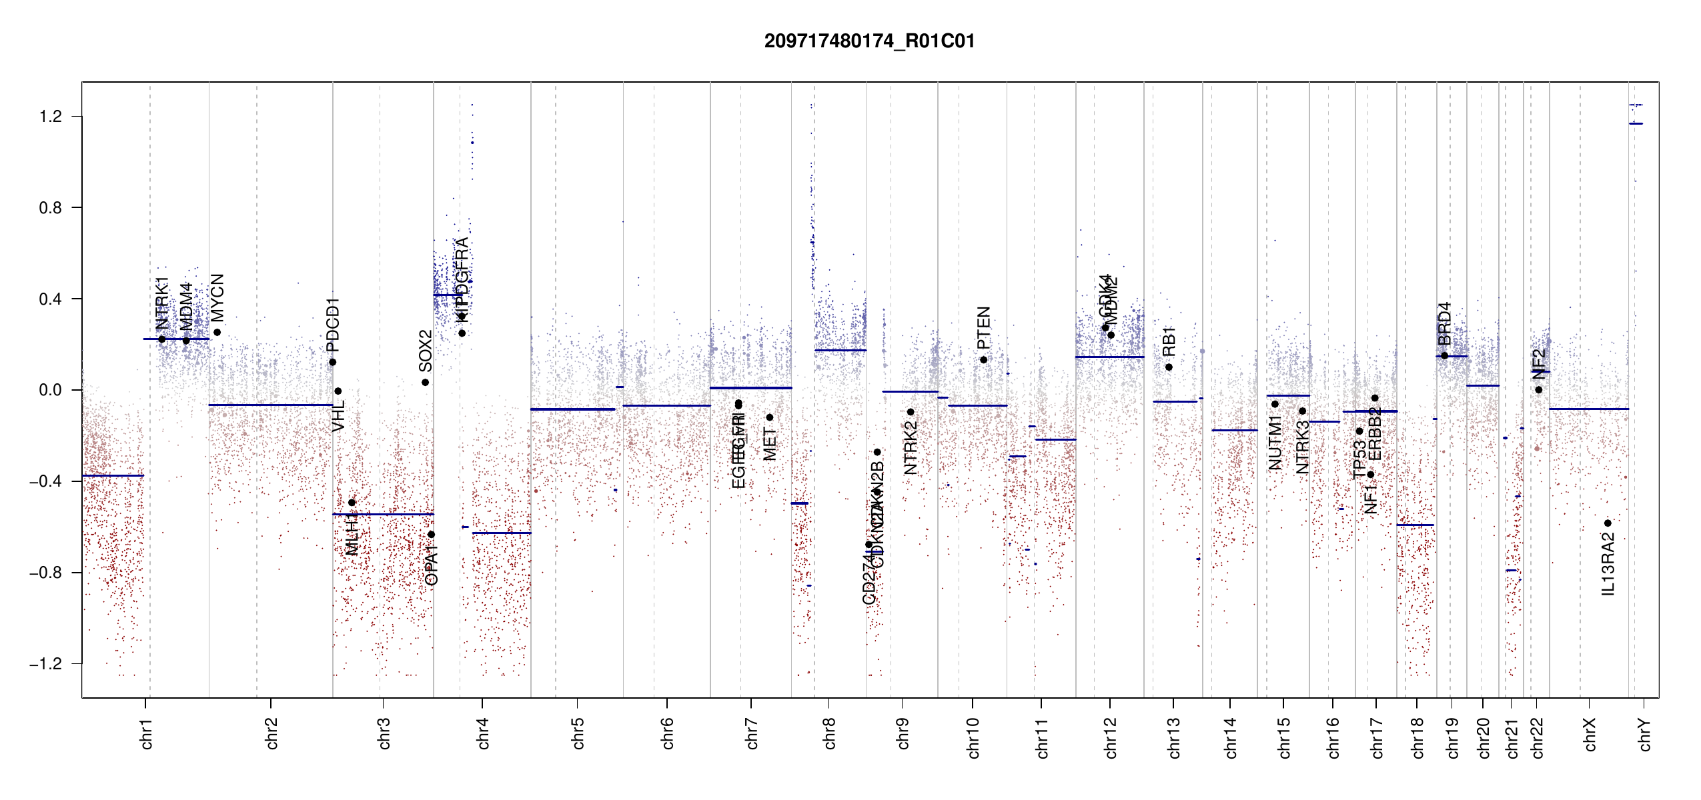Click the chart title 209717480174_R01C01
click(x=869, y=41)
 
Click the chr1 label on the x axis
click(x=147, y=733)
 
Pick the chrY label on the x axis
click(x=1645, y=734)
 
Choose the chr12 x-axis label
click(x=1111, y=737)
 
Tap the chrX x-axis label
click(x=1590, y=734)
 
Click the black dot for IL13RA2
click(x=1608, y=523)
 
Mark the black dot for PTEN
click(x=983, y=360)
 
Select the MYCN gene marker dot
click(x=217, y=333)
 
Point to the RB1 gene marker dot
click(x=1169, y=367)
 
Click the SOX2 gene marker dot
click(x=425, y=383)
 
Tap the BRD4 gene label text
click(x=1444, y=323)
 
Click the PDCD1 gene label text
click(x=333, y=325)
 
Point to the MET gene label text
click(x=770, y=444)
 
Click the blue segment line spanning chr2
click(x=270, y=405)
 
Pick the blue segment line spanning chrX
click(x=1588, y=409)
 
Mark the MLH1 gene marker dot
click(x=352, y=503)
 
